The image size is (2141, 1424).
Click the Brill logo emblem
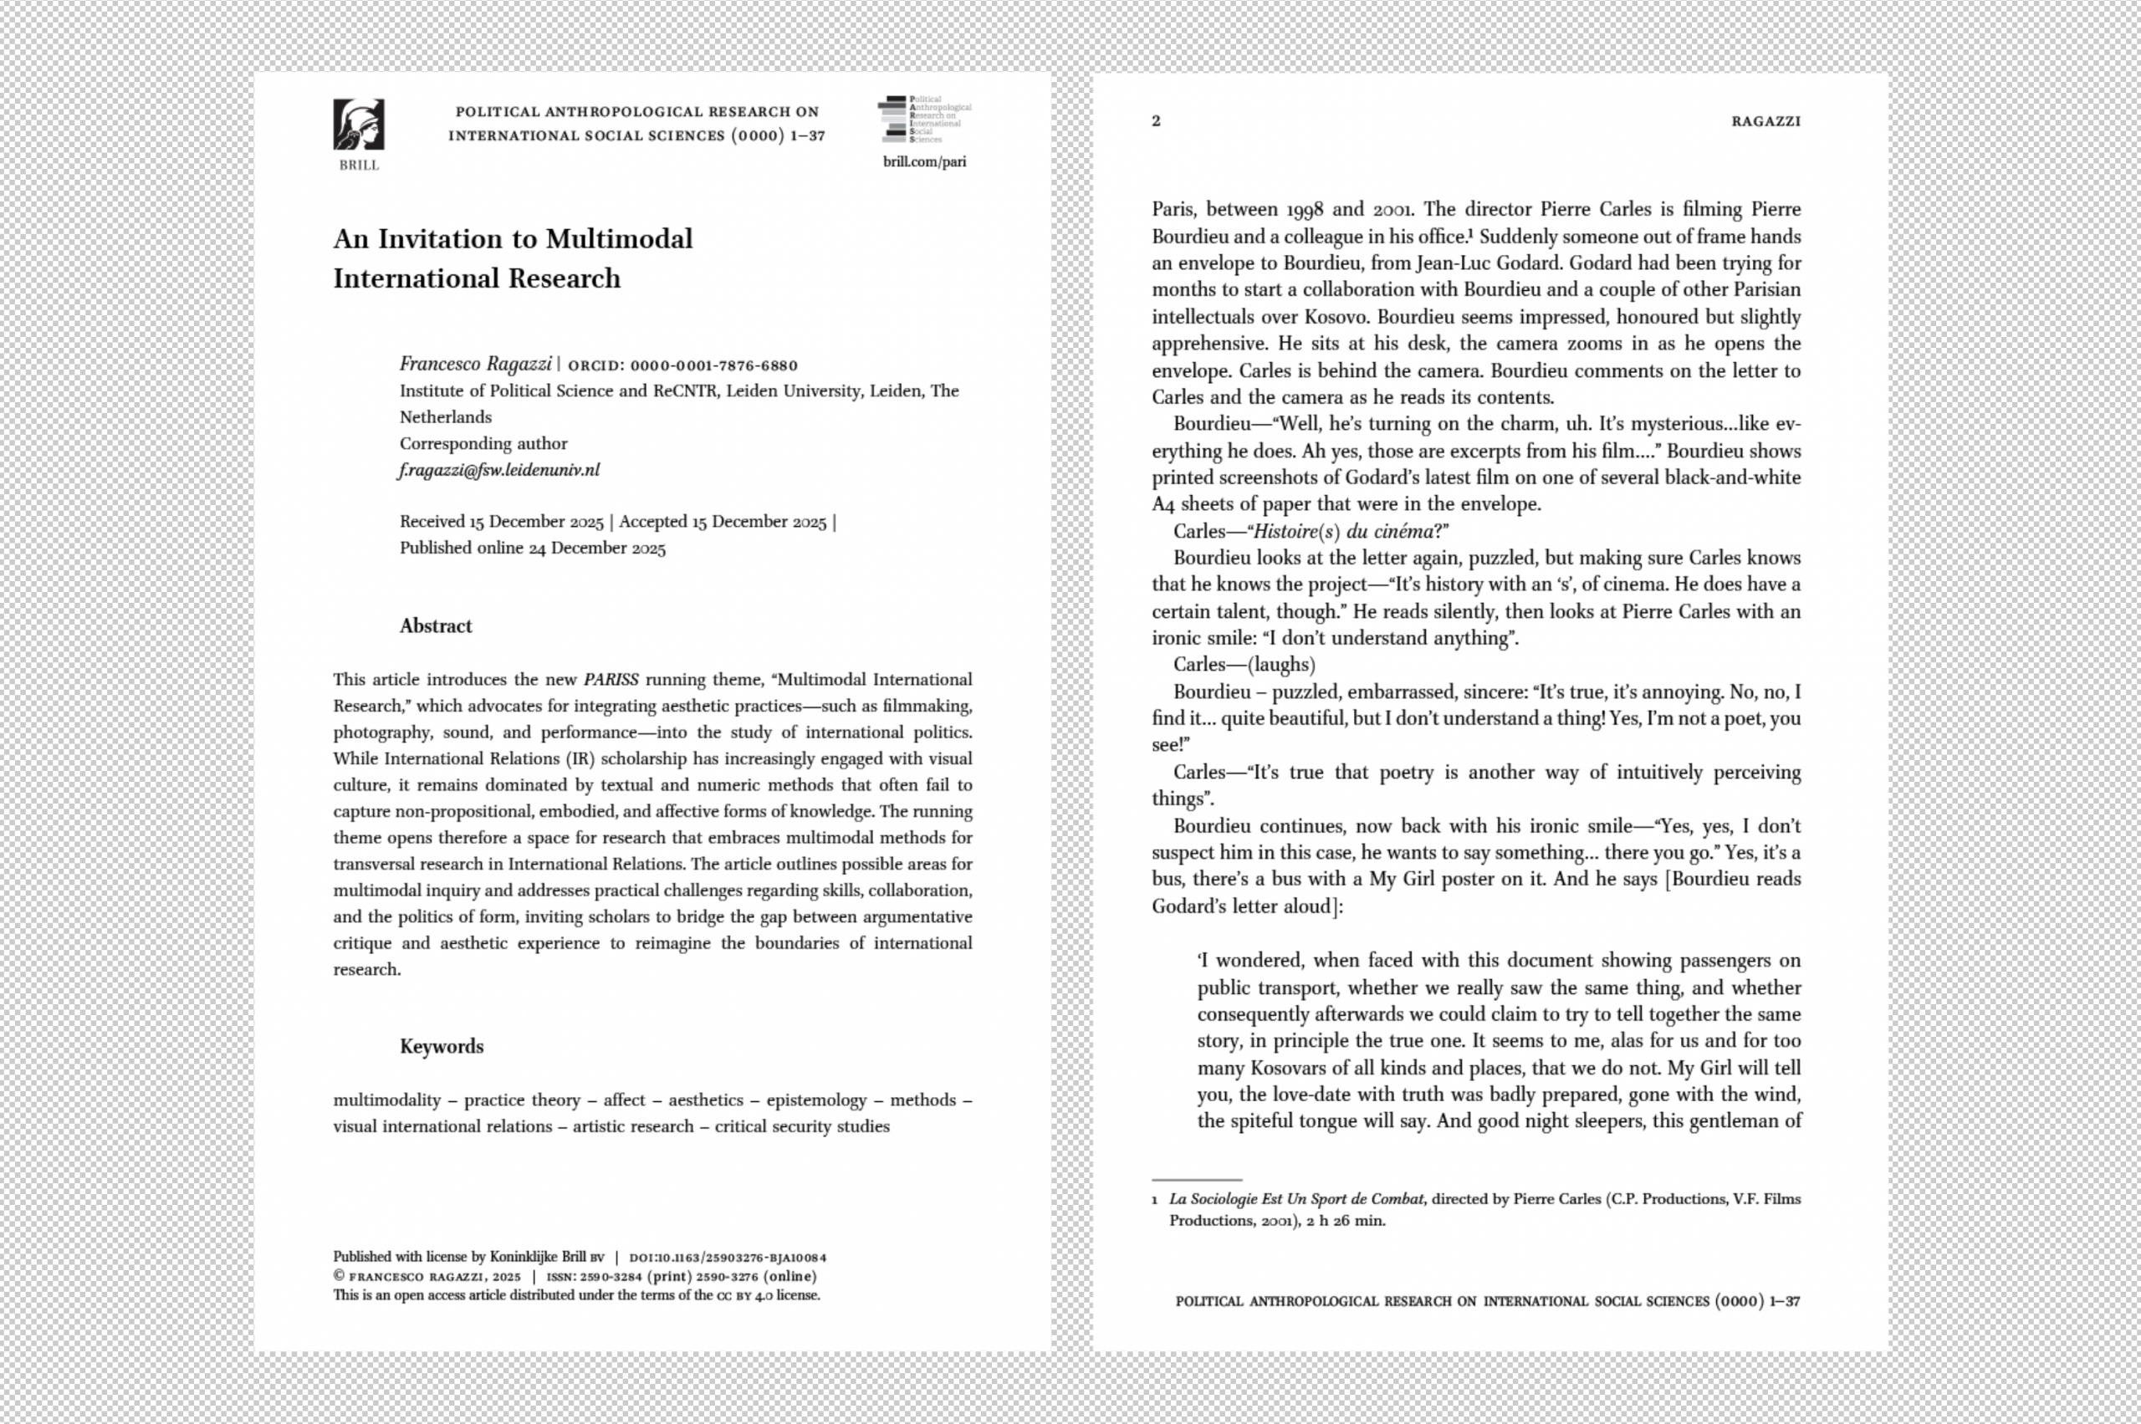358,125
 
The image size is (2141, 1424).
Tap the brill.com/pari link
924,161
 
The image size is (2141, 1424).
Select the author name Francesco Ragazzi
475,365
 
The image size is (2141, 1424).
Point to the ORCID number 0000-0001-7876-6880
713,366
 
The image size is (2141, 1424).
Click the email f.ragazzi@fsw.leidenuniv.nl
498,471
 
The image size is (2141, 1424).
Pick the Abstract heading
435,625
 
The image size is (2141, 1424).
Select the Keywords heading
441,1046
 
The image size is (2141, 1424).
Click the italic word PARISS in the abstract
611,679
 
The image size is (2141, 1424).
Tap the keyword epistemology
815,1100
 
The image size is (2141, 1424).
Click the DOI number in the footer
728,1258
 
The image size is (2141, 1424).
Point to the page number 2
1156,120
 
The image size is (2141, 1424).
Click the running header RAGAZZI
1765,120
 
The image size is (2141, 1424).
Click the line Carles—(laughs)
1244,665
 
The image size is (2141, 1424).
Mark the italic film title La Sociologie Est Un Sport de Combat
1296,1199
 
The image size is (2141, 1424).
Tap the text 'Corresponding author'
483,443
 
